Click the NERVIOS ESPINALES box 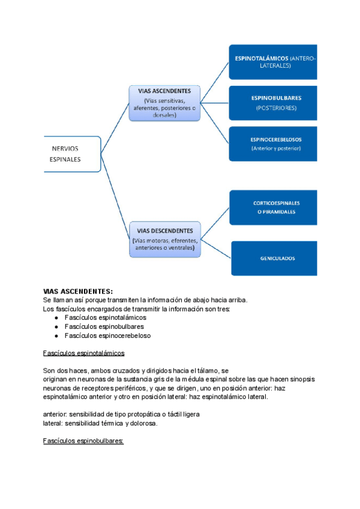(71, 154)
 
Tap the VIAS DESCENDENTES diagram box (165, 238)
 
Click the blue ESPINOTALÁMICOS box (273, 62)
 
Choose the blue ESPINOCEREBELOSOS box (273, 143)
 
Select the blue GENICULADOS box (274, 259)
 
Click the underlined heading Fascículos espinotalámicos (83, 354)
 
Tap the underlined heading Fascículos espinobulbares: (83, 441)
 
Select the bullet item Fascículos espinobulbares (104, 327)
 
